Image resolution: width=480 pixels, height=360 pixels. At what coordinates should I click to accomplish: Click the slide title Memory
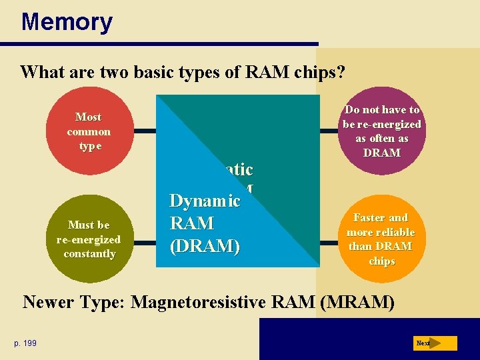click(x=67, y=22)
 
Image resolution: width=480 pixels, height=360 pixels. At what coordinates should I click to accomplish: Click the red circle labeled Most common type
click(x=89, y=131)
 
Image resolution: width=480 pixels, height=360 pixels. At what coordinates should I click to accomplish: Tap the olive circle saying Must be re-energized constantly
click(x=89, y=239)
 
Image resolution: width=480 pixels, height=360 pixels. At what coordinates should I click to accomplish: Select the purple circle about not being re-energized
click(x=381, y=131)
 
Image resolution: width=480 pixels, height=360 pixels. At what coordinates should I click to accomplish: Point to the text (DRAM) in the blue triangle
click(x=205, y=246)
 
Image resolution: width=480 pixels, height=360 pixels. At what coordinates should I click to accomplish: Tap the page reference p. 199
click(x=25, y=343)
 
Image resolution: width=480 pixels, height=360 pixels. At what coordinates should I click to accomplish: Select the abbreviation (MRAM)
click(x=357, y=303)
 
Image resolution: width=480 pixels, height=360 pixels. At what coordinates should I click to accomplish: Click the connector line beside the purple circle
click(x=331, y=131)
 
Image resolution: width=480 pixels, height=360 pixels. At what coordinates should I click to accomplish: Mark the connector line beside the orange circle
click(x=331, y=239)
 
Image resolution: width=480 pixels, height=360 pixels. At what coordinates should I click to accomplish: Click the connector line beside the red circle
click(x=145, y=131)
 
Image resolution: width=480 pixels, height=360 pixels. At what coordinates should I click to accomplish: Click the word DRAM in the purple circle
click(x=382, y=153)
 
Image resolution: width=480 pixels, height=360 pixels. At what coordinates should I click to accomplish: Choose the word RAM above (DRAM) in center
click(x=192, y=223)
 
